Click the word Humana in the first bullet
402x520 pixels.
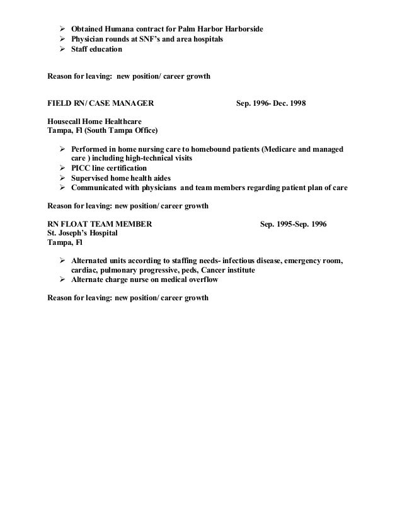coord(122,30)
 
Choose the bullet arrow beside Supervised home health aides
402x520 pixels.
coord(62,178)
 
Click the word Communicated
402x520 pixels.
coord(98,188)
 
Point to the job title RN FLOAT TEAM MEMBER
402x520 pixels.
coord(99,223)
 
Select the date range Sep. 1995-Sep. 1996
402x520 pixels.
coord(293,223)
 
